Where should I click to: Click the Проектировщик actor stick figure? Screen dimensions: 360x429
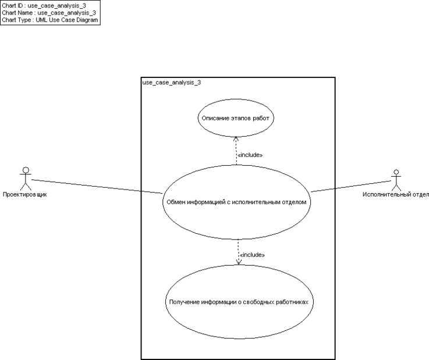(24, 179)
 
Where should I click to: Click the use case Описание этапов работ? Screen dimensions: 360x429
(235, 118)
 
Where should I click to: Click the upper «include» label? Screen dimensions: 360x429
(250, 155)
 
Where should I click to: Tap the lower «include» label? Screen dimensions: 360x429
(253, 255)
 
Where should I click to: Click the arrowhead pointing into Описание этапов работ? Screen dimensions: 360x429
(235, 138)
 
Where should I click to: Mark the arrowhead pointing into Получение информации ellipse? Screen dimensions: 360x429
(238, 262)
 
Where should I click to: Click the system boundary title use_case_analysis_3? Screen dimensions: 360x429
(172, 83)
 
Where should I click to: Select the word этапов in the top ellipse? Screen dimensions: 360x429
(240, 118)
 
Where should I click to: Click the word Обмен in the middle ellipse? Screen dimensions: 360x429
(177, 202)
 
